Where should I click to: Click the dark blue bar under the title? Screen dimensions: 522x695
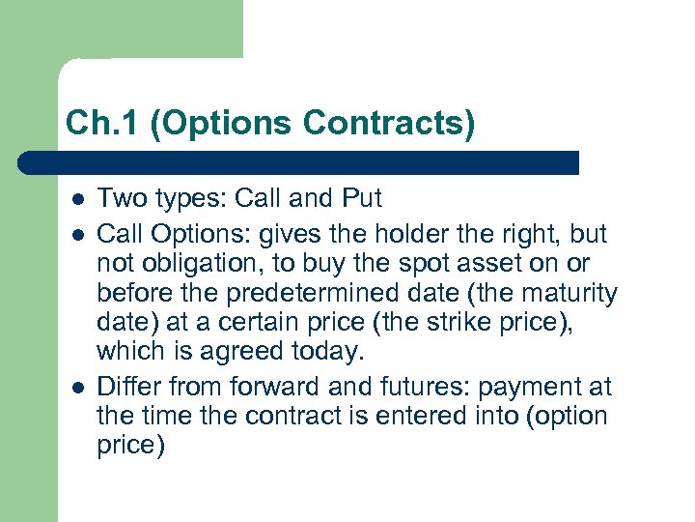299,162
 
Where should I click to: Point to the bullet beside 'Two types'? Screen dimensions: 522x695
76,199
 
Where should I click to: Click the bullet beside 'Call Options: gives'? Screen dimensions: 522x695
76,232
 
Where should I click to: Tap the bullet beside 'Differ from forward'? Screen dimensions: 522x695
76,387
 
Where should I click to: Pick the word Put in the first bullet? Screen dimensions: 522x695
362,199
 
